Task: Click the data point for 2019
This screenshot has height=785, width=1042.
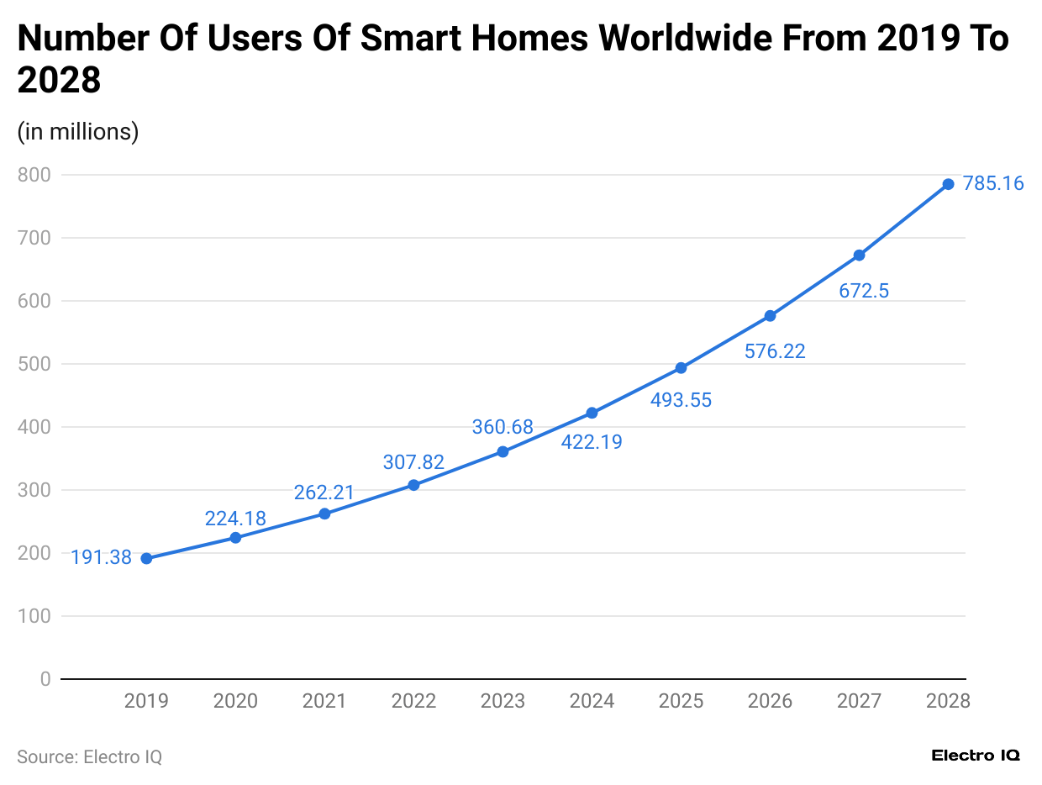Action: tap(146, 558)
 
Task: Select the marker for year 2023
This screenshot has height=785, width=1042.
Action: tap(503, 451)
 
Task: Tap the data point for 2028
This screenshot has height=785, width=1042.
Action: tap(948, 184)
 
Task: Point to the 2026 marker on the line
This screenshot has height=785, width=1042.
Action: tap(770, 316)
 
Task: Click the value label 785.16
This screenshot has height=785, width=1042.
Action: tap(993, 183)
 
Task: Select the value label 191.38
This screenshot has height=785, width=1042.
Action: tap(101, 557)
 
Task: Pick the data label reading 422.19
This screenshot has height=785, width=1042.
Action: tap(592, 442)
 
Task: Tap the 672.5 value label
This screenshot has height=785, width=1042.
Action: tap(864, 292)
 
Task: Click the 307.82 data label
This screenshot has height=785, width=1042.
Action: tap(413, 462)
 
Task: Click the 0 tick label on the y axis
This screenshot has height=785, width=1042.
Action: tap(45, 679)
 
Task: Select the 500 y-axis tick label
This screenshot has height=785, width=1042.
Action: tap(34, 364)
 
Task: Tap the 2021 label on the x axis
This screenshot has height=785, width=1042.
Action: tap(324, 701)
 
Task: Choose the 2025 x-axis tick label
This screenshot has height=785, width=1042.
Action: tap(681, 701)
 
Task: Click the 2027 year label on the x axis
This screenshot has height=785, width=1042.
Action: tap(859, 701)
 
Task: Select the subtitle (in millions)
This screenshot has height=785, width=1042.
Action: tap(78, 132)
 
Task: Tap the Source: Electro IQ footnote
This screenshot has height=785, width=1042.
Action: tap(89, 756)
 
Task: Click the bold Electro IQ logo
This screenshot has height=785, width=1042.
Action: tap(976, 756)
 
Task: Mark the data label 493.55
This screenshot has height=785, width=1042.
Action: tap(681, 400)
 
